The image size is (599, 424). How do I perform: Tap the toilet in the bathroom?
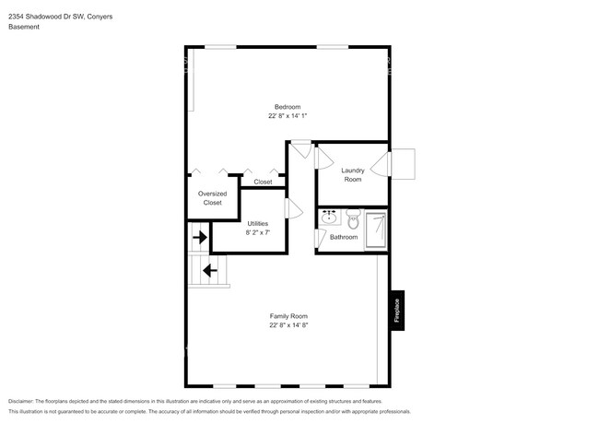[352, 219]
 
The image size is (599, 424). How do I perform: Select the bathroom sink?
[329, 219]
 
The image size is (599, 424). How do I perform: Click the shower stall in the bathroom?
[376, 230]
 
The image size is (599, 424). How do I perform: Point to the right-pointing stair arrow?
[199, 237]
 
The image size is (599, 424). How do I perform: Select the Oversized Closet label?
[212, 198]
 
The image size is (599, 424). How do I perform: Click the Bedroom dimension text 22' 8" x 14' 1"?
[288, 116]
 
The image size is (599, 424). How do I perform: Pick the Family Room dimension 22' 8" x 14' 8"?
[288, 325]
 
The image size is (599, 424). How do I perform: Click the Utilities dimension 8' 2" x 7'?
[257, 232]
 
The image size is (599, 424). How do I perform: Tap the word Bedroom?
[288, 106]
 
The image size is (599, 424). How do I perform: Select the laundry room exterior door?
[404, 165]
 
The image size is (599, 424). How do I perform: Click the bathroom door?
[321, 239]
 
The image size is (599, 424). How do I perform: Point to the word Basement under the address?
[24, 27]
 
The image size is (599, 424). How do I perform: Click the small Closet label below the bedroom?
[263, 183]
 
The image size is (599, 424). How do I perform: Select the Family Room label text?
[288, 316]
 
